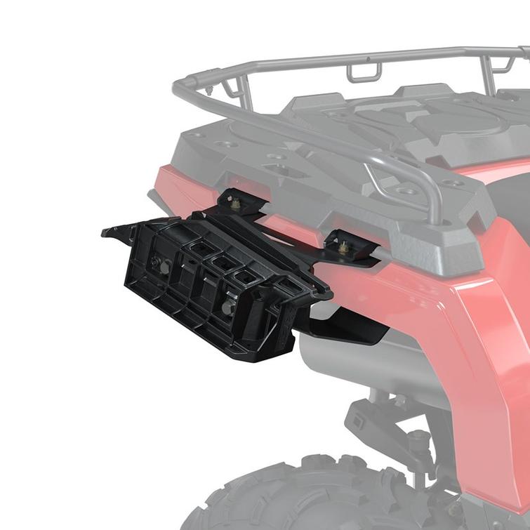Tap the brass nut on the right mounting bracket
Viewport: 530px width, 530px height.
point(343,247)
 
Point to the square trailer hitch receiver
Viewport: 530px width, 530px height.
point(362,420)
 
